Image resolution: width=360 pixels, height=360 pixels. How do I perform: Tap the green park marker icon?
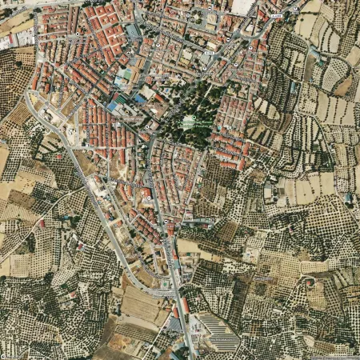tap(190, 119)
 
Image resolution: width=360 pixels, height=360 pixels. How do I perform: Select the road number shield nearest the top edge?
tap(276, 15)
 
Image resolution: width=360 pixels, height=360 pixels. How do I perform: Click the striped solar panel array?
tap(215, 331)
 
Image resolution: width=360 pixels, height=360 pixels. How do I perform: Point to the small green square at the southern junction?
tap(165, 283)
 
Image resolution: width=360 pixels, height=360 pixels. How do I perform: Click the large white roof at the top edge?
tap(242, 6)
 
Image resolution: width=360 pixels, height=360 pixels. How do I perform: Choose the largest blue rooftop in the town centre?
tap(117, 105)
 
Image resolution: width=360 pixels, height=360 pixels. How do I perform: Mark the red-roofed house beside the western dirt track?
tap(42, 223)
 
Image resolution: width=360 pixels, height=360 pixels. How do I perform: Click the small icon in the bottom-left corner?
tap(5, 355)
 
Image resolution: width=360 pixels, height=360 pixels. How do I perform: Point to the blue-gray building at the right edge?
tap(349, 198)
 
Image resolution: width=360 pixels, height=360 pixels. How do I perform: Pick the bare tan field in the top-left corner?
tap(14, 20)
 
